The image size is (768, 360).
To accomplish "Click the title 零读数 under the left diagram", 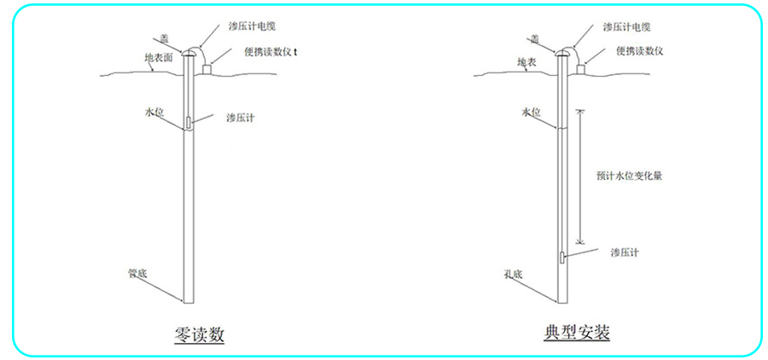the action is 200,335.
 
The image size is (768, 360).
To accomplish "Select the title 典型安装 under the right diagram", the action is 577,333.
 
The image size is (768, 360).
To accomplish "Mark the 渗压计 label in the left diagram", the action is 240,118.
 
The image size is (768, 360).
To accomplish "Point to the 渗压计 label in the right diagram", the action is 625,253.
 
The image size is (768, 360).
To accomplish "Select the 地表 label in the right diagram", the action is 526,62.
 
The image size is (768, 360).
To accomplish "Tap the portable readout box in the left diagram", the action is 207,70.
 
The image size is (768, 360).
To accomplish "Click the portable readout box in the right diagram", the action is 581,70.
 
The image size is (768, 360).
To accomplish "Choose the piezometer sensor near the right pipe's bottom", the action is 561,258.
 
